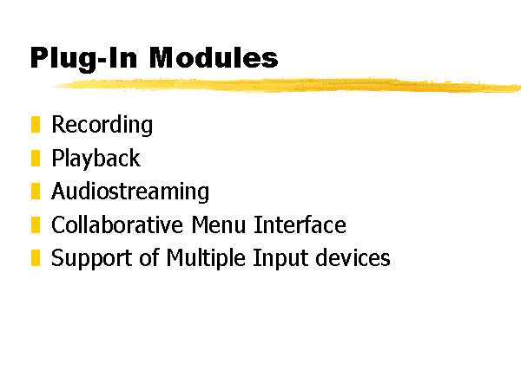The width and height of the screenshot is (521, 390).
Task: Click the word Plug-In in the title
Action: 83,59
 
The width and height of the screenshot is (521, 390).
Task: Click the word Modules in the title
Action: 214,57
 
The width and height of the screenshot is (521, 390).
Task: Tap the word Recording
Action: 102,125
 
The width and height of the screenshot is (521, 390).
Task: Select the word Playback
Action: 96,159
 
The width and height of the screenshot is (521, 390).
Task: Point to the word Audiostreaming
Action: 130,192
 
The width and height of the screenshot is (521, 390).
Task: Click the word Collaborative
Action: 117,224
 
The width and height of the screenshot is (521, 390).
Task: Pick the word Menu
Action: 218,224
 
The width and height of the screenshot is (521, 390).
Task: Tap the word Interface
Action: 300,224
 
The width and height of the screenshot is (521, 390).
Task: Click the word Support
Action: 91,258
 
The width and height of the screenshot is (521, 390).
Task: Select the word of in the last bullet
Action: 149,257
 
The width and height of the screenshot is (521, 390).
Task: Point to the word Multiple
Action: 206,258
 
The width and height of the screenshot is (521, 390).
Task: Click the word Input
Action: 280,258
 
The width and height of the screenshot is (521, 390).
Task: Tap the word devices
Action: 353,257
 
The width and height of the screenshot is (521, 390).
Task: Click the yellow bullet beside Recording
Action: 36,124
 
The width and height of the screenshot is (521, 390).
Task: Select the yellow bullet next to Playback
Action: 36,158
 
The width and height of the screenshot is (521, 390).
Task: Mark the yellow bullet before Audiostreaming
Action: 36,191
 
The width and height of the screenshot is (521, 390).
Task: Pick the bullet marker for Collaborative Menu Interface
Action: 36,224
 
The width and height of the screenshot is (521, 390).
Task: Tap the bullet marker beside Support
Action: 36,257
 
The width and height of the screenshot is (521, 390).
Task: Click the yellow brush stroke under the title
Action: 287,85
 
